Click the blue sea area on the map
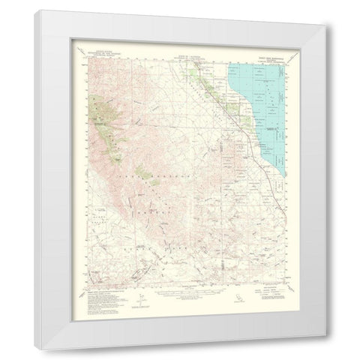[262, 112]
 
